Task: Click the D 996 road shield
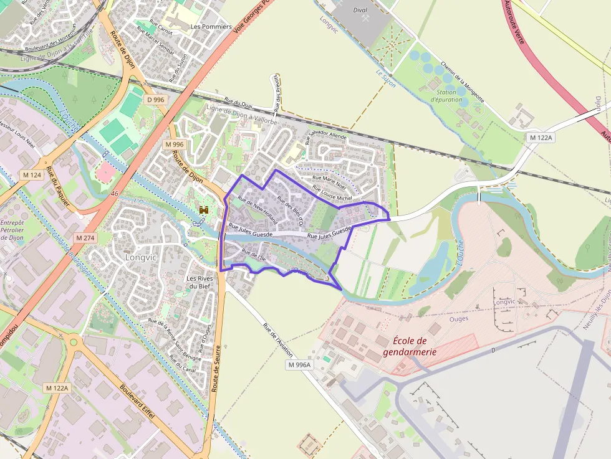pos(156,100)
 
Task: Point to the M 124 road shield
pos(32,175)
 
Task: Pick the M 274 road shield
pos(85,238)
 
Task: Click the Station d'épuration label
pos(446,95)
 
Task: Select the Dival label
pos(360,10)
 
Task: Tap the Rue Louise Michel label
pos(332,193)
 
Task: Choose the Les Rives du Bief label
pos(200,283)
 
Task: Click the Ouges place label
pos(459,319)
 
